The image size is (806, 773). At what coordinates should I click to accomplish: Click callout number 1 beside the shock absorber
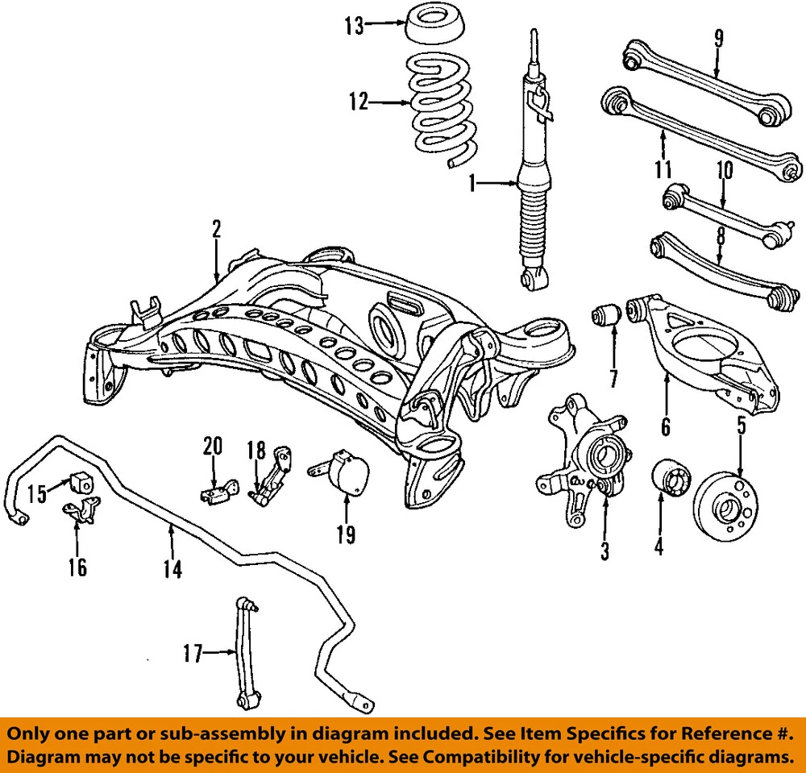click(473, 185)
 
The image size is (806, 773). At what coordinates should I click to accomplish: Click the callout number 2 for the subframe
click(216, 229)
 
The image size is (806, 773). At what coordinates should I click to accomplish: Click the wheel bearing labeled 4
click(668, 483)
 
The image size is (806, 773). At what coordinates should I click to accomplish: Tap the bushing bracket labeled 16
click(83, 510)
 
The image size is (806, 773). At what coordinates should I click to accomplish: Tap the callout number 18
click(257, 450)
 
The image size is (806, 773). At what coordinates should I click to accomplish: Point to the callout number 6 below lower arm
click(665, 426)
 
